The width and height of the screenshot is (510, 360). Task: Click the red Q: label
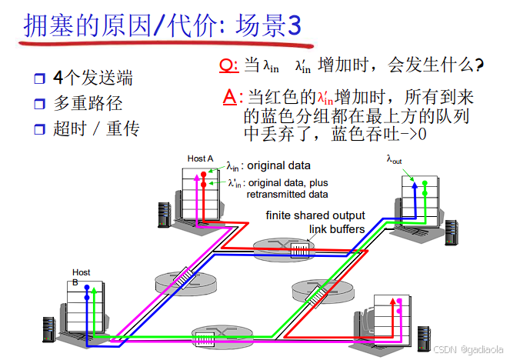[x=228, y=65]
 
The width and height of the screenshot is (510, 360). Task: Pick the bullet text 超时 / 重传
[x=95, y=128]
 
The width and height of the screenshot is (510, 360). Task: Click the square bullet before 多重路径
[x=40, y=104]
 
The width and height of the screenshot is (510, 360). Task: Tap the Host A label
[x=200, y=158]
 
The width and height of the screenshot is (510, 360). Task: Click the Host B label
[x=81, y=277]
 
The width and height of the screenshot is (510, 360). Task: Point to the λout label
[x=394, y=160]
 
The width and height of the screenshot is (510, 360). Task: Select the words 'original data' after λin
[x=278, y=165]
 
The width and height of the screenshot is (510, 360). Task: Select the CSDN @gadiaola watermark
[x=467, y=348]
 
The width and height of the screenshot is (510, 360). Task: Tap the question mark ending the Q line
[x=479, y=66]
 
